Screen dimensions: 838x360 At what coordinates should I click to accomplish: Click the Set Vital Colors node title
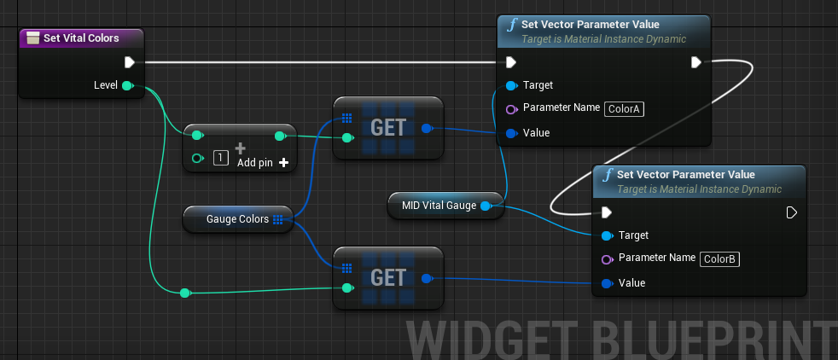click(x=81, y=38)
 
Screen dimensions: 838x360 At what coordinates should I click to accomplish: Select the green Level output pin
click(x=127, y=85)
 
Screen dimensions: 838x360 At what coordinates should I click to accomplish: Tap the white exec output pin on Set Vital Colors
click(x=130, y=62)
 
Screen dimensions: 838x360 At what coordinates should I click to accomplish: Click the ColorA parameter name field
click(x=624, y=109)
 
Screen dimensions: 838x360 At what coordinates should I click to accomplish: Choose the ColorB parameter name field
click(x=720, y=259)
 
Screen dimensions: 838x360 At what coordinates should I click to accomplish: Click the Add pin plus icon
click(x=284, y=163)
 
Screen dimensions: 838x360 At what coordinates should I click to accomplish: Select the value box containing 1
click(x=221, y=158)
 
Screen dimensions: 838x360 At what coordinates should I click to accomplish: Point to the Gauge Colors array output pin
click(x=277, y=219)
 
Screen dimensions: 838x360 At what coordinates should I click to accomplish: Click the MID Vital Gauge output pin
click(x=485, y=206)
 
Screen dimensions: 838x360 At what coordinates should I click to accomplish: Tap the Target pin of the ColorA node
click(x=511, y=85)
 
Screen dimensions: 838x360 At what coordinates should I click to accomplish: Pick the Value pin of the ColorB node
click(x=607, y=283)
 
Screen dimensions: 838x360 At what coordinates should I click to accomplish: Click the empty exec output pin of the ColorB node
click(x=792, y=213)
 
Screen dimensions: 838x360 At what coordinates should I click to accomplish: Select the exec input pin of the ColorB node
click(x=606, y=213)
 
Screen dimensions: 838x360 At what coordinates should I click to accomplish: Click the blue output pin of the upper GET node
click(x=427, y=128)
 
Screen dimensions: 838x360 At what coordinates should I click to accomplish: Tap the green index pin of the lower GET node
click(x=347, y=287)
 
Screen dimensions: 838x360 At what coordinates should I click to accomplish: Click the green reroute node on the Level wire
click(x=185, y=293)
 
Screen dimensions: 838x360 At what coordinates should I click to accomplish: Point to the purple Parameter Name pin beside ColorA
click(x=511, y=109)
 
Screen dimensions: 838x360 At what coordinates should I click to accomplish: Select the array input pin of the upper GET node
click(x=346, y=118)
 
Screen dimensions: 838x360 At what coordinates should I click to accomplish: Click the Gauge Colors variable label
click(x=238, y=219)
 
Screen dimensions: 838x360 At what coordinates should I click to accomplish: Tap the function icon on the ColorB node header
click(x=608, y=175)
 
